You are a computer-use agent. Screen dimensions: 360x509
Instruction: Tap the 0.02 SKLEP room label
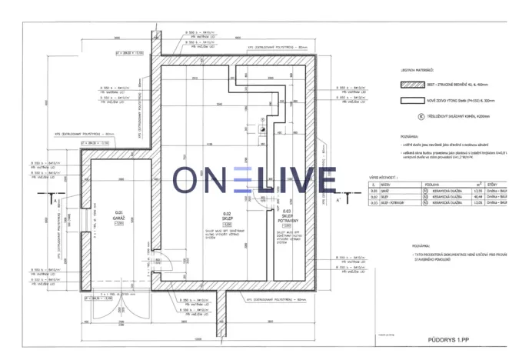pyautogui.click(x=227, y=217)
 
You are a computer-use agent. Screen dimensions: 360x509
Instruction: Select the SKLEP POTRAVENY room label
pyautogui.click(x=286, y=218)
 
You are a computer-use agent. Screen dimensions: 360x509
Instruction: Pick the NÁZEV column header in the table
pyautogui.click(x=388, y=185)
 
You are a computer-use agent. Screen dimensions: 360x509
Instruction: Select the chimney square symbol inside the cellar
pyautogui.click(x=262, y=131)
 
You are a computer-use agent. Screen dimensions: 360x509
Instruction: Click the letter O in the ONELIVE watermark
pyautogui.click(x=188, y=180)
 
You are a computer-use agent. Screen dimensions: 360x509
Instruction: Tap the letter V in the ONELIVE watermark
pyautogui.click(x=290, y=180)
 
